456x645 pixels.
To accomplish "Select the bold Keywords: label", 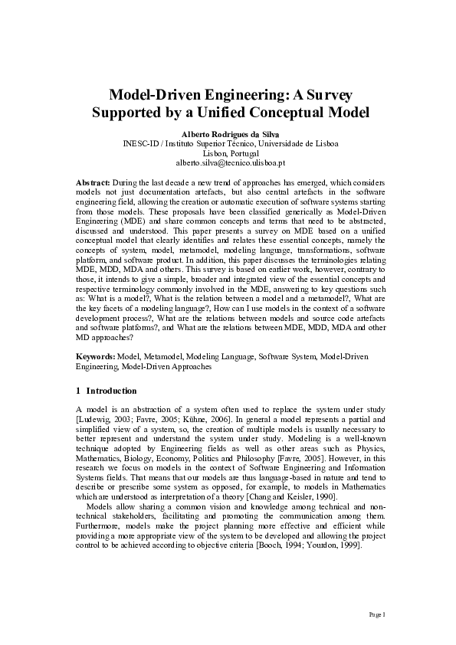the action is (x=97, y=357).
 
